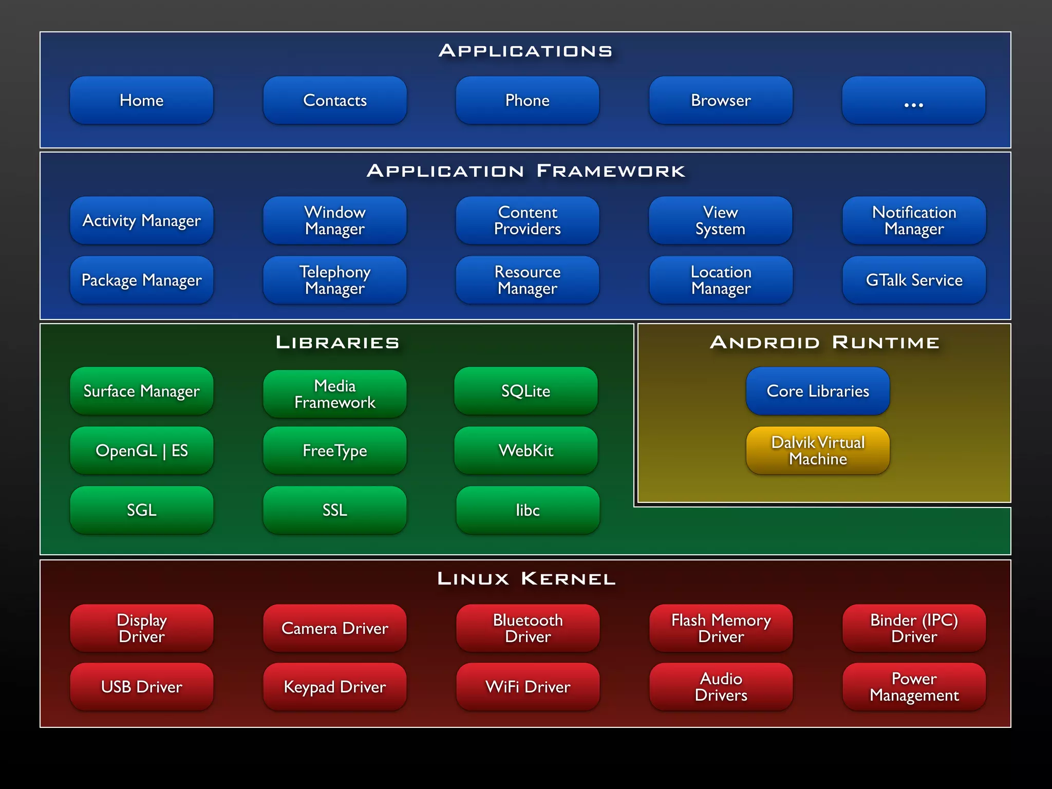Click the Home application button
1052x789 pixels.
[x=141, y=100]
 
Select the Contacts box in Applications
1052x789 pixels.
[x=334, y=100]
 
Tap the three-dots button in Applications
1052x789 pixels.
[x=913, y=100]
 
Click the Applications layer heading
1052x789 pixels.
[x=525, y=51]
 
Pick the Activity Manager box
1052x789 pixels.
[x=141, y=220]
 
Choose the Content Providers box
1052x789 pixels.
[x=528, y=220]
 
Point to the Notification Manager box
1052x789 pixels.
[x=914, y=220]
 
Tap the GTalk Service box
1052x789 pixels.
[x=914, y=280]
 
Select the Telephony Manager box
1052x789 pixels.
[x=334, y=280]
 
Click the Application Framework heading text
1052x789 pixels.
[x=525, y=171]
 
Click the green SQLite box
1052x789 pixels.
[x=525, y=391]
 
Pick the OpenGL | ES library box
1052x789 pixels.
[x=141, y=450]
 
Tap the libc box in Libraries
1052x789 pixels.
[x=528, y=510]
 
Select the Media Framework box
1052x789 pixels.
[x=334, y=394]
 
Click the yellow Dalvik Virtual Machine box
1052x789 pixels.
[x=818, y=450]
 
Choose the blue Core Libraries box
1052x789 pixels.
[x=818, y=391]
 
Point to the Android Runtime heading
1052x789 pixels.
[x=824, y=342]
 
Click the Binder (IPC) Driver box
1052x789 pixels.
[x=914, y=628]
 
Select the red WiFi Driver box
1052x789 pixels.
[x=528, y=687]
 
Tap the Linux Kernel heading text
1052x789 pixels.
[x=525, y=578]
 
